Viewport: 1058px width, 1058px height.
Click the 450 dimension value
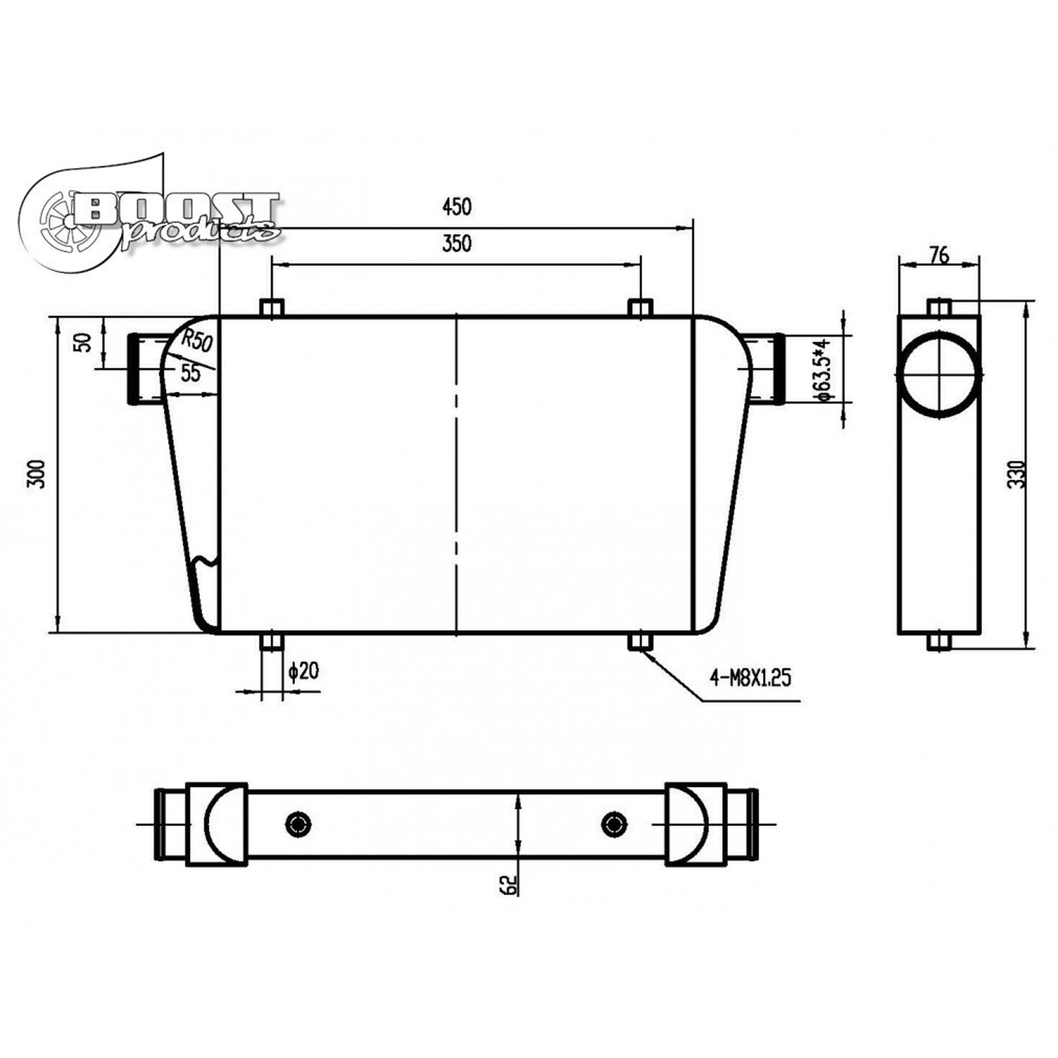[456, 207]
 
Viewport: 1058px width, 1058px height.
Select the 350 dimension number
[456, 243]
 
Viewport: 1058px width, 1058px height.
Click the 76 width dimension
[939, 255]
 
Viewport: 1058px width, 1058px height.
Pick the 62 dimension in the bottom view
[508, 885]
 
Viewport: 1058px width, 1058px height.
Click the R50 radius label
[197, 341]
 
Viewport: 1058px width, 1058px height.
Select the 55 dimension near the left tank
[190, 373]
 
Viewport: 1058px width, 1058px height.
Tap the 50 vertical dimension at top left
[85, 343]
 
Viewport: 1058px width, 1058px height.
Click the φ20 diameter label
[304, 671]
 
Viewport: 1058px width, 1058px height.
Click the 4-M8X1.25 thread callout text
[750, 677]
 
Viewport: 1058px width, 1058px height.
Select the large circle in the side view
[938, 376]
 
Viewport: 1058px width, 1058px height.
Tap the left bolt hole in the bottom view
[298, 824]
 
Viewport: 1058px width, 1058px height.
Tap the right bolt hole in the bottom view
[614, 824]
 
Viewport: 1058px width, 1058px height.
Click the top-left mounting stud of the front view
[272, 308]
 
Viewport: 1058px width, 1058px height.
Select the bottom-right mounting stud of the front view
[640, 641]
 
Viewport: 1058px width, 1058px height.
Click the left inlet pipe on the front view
[144, 369]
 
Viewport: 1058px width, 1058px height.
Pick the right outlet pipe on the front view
[767, 369]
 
